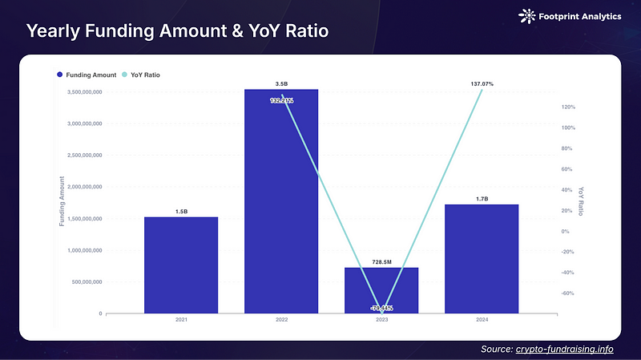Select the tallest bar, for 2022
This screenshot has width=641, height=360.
click(281, 200)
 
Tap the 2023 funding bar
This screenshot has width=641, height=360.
click(381, 290)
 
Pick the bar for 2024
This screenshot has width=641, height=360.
click(482, 258)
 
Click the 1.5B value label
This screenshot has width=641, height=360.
click(181, 212)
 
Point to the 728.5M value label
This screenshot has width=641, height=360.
click(381, 262)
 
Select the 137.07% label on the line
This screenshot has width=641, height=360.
click(482, 83)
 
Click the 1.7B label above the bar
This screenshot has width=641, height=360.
click(482, 199)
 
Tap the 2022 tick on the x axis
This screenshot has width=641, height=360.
click(281, 320)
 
